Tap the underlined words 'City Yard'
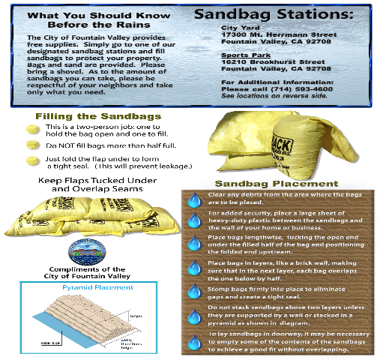point(235,28)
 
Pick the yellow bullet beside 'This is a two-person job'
point(32,129)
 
